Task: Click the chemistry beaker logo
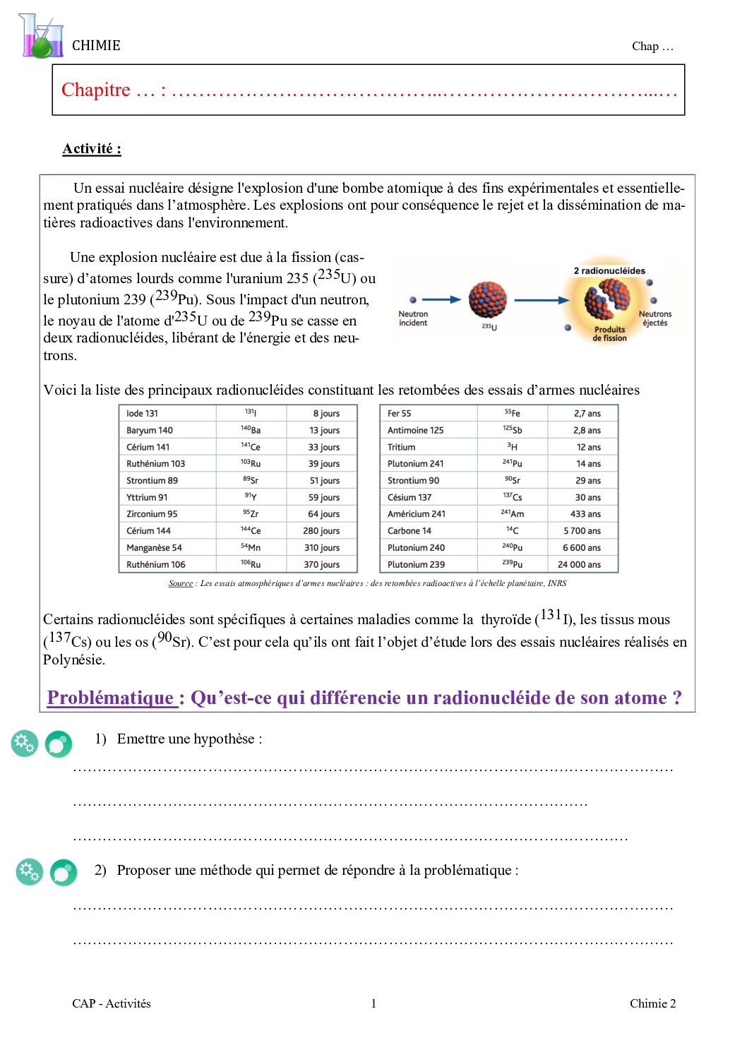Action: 40,37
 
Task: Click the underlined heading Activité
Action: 91,149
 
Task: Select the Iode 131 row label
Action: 142,414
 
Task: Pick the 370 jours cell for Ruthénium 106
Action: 321,565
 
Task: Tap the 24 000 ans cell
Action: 579,565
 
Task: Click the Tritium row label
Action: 401,448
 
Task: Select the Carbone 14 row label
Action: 409,531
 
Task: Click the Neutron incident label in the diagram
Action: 413,318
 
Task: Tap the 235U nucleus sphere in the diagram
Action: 488,299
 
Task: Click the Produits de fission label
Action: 609,334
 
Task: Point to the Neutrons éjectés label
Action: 655,318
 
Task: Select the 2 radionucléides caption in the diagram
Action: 609,271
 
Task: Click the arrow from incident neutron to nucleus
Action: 441,300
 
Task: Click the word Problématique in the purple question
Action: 111,698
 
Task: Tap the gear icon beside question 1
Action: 25,743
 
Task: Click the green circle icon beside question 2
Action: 64,873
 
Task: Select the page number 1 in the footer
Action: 373,1003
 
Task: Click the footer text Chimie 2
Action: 652,1003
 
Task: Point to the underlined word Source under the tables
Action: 181,583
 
